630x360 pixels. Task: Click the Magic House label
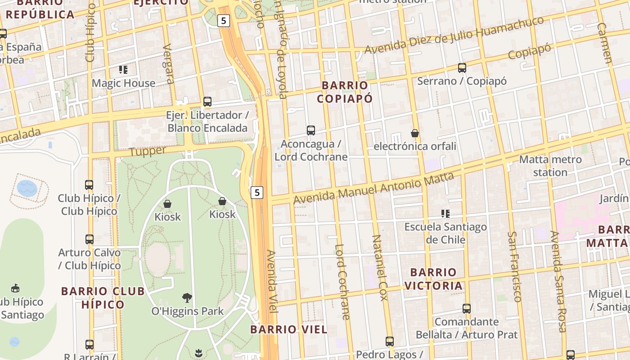tap(123, 83)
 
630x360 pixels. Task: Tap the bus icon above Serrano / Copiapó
tap(462, 68)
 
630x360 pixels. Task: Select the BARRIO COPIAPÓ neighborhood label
tap(345, 92)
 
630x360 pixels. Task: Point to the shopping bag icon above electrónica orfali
tap(414, 133)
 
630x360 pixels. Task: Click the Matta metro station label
tap(550, 166)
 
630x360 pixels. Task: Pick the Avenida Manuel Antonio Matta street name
tap(373, 185)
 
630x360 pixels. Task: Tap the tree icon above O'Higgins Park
tap(187, 297)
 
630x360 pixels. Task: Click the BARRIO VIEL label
tap(289, 329)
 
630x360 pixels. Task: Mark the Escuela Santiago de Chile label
tap(445, 233)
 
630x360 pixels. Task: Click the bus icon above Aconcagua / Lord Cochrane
tap(310, 130)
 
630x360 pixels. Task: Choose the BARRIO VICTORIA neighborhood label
tap(433, 279)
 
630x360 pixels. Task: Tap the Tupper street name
tap(148, 151)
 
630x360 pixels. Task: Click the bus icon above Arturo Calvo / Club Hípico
tap(90, 239)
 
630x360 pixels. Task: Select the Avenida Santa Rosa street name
tap(558, 281)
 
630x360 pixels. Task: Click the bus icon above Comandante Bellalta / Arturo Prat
tap(467, 309)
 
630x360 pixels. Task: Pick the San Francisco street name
tap(514, 266)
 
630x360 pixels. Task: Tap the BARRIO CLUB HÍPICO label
tap(103, 298)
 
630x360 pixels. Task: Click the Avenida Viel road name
tap(273, 281)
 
